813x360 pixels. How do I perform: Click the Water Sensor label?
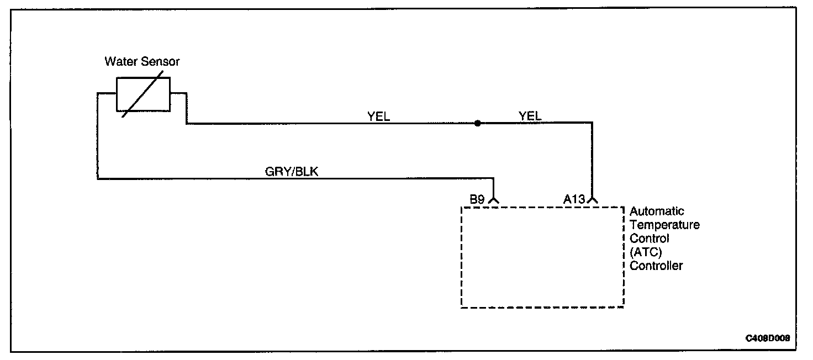142,62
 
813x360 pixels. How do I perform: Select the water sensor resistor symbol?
143,94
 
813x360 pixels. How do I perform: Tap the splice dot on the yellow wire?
477,123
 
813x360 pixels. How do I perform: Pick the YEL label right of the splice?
530,116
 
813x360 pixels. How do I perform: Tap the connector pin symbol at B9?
493,200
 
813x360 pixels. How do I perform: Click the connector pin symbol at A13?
593,200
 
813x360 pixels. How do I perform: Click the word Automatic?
657,211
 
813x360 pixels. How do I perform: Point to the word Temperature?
664,225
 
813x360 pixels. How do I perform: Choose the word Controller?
656,266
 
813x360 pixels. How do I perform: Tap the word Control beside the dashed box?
650,239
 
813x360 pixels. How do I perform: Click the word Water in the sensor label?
119,62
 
